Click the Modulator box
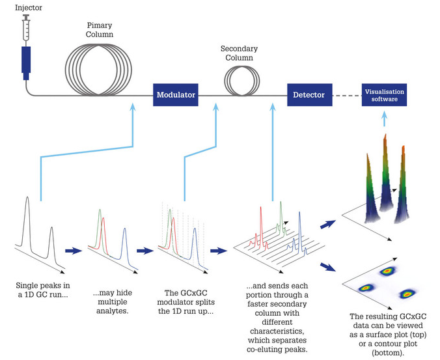tap(176, 95)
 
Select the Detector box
tap(309, 95)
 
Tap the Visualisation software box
tap(384, 95)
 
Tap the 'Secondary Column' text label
tap(239, 53)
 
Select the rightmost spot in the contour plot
tap(409, 294)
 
